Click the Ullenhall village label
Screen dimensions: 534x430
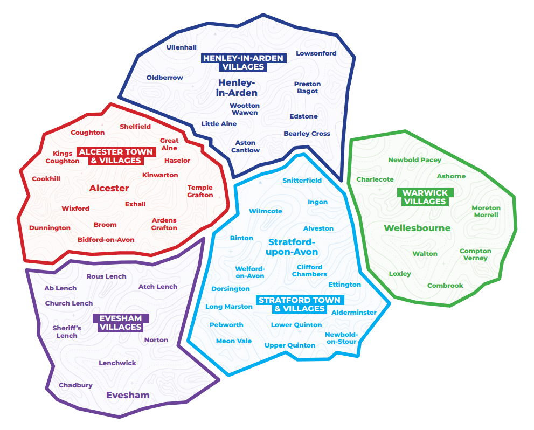click(181, 47)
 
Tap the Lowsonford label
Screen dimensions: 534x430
click(316, 53)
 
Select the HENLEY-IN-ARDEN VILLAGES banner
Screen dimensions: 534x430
click(244, 63)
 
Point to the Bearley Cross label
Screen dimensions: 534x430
click(307, 134)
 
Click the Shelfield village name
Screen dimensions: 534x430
click(135, 126)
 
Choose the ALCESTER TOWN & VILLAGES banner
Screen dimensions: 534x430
click(116, 156)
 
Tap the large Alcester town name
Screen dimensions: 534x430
click(109, 188)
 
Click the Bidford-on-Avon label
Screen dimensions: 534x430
click(106, 240)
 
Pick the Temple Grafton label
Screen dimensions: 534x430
click(200, 191)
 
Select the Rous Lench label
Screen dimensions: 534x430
click(106, 276)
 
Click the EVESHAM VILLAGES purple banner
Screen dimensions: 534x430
click(121, 322)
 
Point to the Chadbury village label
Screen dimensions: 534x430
click(75, 385)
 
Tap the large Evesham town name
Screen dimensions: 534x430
click(128, 395)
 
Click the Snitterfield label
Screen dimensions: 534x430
click(302, 180)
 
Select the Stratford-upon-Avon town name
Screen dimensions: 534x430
click(292, 247)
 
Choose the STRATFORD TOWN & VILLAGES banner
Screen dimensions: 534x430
click(300, 304)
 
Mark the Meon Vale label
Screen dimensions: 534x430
click(234, 341)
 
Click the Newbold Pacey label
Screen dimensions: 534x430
click(414, 160)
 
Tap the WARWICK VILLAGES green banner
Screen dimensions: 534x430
click(425, 197)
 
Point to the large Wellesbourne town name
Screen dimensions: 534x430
click(417, 228)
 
